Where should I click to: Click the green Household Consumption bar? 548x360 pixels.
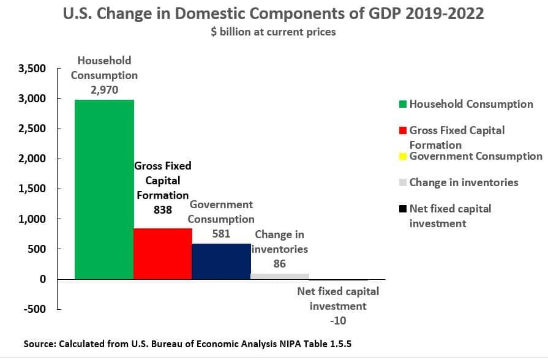pyautogui.click(x=104, y=189)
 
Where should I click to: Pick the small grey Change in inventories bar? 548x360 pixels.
pyautogui.click(x=280, y=276)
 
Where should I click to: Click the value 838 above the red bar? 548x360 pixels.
pyautogui.click(x=162, y=209)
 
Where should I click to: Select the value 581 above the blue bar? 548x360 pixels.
pyautogui.click(x=220, y=233)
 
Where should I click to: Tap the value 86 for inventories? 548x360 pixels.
pyautogui.click(x=279, y=263)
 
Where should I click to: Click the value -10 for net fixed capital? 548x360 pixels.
pyautogui.click(x=337, y=320)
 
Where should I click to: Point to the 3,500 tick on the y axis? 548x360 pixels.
pyautogui.click(x=34, y=69)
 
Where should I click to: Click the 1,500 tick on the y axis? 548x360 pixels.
pyautogui.click(x=34, y=189)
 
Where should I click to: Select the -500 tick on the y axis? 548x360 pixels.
pyautogui.click(x=35, y=309)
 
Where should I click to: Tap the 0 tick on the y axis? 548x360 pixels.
pyautogui.click(x=43, y=279)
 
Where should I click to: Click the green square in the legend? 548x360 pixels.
pyautogui.click(x=402, y=104)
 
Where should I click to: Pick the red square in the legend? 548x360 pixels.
pyautogui.click(x=402, y=130)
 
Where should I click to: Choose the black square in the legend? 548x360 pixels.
pyautogui.click(x=402, y=209)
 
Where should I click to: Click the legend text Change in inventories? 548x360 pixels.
pyautogui.click(x=464, y=182)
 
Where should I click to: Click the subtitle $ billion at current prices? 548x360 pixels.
pyautogui.click(x=274, y=32)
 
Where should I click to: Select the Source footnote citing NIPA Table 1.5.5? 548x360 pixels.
pyautogui.click(x=187, y=345)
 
